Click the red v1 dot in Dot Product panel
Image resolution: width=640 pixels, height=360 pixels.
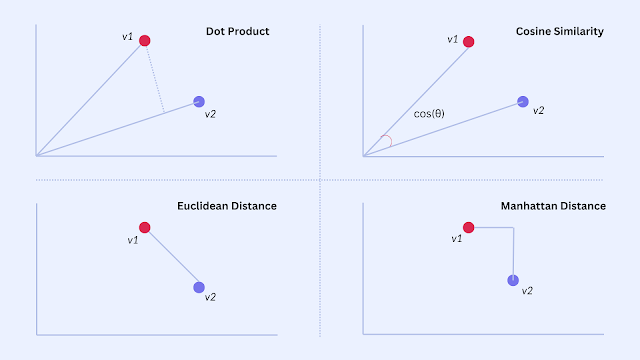(144, 40)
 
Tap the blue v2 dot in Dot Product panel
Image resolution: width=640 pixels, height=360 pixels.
(199, 101)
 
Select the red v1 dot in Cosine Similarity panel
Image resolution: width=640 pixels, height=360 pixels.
(469, 42)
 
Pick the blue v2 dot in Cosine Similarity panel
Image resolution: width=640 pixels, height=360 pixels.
(523, 101)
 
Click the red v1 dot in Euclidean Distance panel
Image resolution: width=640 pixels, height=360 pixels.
(144, 227)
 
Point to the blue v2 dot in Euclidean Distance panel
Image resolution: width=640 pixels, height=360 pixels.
(199, 287)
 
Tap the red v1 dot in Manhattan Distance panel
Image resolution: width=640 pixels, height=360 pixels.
(469, 227)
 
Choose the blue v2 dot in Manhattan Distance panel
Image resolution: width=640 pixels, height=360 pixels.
(513, 280)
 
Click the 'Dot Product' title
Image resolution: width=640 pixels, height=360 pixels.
(238, 31)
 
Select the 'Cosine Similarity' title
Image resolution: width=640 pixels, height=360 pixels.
(560, 31)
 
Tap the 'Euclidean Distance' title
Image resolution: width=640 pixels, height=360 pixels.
(227, 206)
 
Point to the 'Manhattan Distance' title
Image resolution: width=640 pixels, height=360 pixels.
(553, 206)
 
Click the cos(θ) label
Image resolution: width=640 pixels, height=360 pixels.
(429, 113)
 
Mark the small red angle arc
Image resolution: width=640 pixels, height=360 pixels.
(391, 140)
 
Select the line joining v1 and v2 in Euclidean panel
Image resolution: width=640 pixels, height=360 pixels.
(172, 257)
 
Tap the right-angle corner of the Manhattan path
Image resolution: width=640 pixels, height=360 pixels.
(513, 227)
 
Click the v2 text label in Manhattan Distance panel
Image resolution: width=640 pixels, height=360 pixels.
(527, 291)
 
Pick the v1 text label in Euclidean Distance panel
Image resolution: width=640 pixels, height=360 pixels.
(133, 240)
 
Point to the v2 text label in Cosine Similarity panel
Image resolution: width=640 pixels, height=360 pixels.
(538, 111)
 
